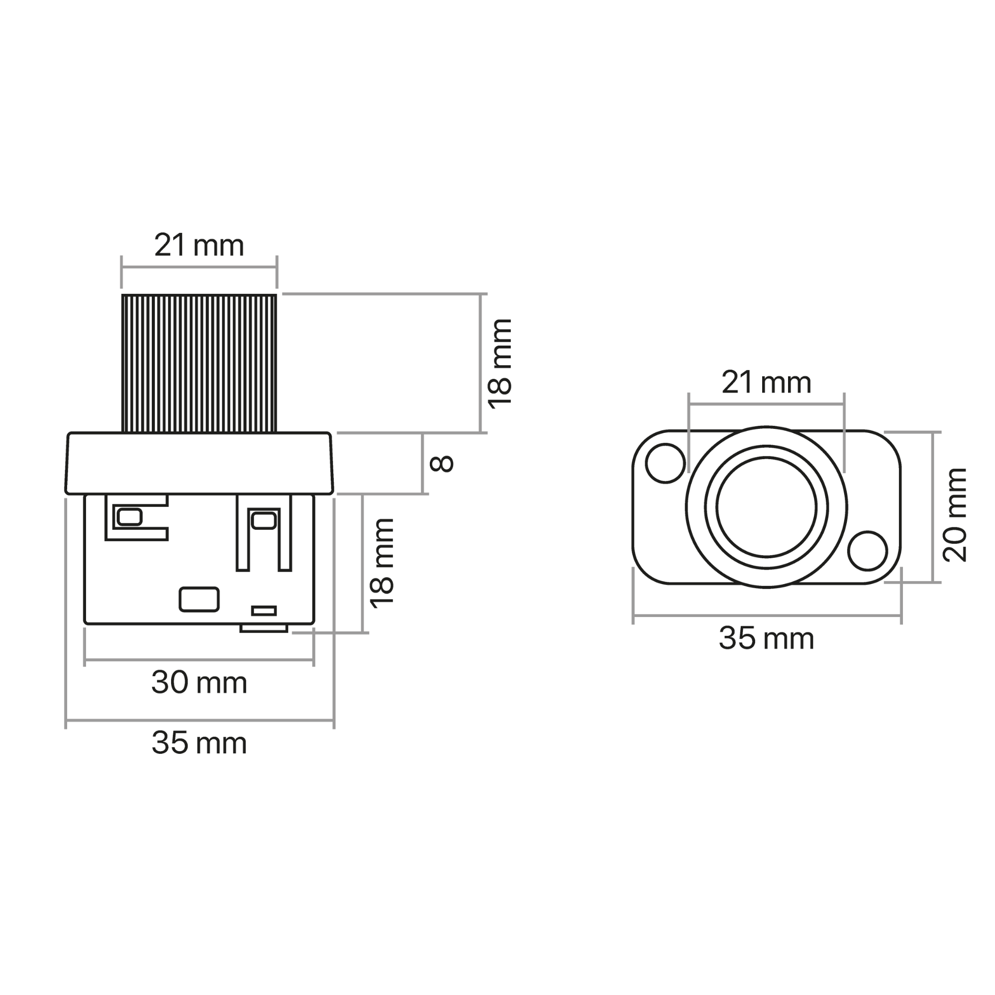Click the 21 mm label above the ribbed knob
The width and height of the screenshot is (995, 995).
[199, 246]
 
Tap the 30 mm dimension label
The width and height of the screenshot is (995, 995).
[199, 683]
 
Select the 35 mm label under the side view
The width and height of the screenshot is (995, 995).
[199, 743]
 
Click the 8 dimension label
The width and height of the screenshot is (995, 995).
[441, 464]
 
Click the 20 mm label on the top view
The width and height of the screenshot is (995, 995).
[954, 514]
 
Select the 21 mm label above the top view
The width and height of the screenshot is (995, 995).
[766, 383]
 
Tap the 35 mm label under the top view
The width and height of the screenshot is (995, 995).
[766, 639]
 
